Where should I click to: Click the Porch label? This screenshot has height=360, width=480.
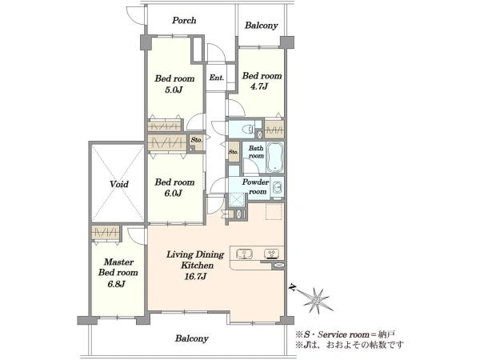184,21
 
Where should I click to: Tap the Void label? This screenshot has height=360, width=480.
119,184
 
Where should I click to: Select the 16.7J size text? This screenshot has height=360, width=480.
195,277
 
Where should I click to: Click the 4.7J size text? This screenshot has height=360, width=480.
259,86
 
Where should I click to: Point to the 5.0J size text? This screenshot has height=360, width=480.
174,90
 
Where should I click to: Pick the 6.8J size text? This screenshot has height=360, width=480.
116,284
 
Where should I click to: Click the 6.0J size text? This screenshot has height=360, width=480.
174,194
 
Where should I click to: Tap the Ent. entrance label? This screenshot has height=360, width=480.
217,78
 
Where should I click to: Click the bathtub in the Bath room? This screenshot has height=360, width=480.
275,158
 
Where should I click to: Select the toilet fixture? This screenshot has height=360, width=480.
248,129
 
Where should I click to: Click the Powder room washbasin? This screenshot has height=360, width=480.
278,187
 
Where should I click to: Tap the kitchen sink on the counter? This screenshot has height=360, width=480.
244,254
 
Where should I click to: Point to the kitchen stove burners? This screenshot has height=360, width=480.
271,254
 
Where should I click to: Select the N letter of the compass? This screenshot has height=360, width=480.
294,288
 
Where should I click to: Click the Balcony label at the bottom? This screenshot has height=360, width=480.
192,338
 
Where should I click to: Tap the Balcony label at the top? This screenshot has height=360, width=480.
261,26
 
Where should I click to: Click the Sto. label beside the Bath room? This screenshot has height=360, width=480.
234,151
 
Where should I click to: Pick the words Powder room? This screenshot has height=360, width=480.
256,186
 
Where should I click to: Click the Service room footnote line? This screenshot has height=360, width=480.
346,334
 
